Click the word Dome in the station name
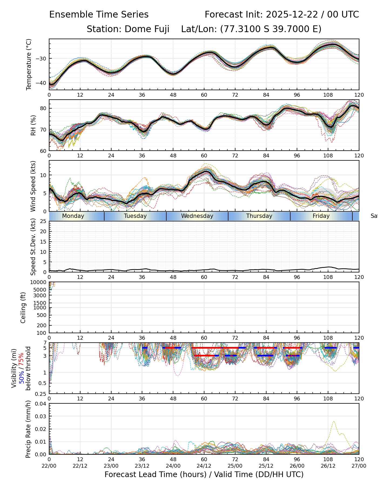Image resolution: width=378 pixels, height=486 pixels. pyautogui.click(x=135, y=29)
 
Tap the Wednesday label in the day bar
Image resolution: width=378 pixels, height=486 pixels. pyautogui.click(x=197, y=216)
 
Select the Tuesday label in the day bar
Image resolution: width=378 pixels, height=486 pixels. pyautogui.click(x=135, y=216)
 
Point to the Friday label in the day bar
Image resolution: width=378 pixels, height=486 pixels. pyautogui.click(x=321, y=216)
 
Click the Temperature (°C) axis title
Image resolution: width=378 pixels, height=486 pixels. pyautogui.click(x=29, y=64)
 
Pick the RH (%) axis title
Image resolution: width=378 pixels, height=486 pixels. pyautogui.click(x=33, y=125)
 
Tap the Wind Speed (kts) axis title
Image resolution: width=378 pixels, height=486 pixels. pyautogui.click(x=33, y=186)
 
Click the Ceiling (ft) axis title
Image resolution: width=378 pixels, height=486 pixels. pyautogui.click(x=23, y=308)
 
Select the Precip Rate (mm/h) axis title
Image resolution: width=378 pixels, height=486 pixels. pyautogui.click(x=28, y=429)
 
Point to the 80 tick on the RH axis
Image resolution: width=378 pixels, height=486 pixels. pyautogui.click(x=43, y=108)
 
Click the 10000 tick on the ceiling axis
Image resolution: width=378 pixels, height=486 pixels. pyautogui.click(x=39, y=282)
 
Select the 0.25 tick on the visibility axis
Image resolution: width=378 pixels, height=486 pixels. pyautogui.click(x=41, y=394)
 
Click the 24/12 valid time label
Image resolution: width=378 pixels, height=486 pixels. pyautogui.click(x=204, y=466)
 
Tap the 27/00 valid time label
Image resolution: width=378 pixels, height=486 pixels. pyautogui.click(x=359, y=466)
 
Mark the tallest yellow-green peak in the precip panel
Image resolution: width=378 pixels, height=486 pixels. pyautogui.click(x=334, y=421)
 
